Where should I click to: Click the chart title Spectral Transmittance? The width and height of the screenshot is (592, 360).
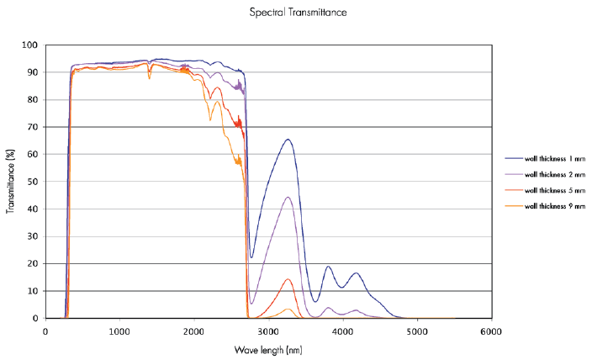(x=298, y=13)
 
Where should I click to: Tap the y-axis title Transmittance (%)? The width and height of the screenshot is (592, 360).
(x=10, y=182)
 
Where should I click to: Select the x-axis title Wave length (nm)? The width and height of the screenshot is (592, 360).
(x=268, y=350)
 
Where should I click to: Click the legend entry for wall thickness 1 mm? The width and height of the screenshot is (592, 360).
(x=545, y=159)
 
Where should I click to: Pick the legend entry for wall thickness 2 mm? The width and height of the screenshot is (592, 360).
(x=545, y=174)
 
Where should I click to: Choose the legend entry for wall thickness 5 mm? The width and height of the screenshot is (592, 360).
(x=545, y=190)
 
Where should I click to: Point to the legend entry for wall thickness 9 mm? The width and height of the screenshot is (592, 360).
(x=545, y=206)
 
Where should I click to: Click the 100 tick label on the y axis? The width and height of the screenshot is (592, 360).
(x=29, y=45)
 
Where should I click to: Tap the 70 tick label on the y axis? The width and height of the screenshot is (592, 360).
(x=33, y=127)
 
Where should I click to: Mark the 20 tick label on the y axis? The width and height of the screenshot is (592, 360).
(x=33, y=263)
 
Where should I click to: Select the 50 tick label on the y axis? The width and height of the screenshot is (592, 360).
(x=33, y=182)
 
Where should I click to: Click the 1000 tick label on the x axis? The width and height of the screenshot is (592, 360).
(x=119, y=331)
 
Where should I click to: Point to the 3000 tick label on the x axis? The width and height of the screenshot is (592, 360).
(x=268, y=331)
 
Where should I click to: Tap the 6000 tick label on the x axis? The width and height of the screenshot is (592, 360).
(x=491, y=331)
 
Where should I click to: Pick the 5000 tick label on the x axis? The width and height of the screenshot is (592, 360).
(x=417, y=331)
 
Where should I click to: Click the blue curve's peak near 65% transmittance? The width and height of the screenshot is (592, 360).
(x=288, y=140)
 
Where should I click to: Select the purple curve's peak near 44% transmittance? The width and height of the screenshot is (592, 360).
(x=288, y=197)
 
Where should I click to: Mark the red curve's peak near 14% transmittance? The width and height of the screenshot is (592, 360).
(x=288, y=279)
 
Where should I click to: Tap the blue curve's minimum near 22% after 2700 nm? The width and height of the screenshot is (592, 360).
(x=251, y=257)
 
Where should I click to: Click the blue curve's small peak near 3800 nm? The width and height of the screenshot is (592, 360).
(x=328, y=267)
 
